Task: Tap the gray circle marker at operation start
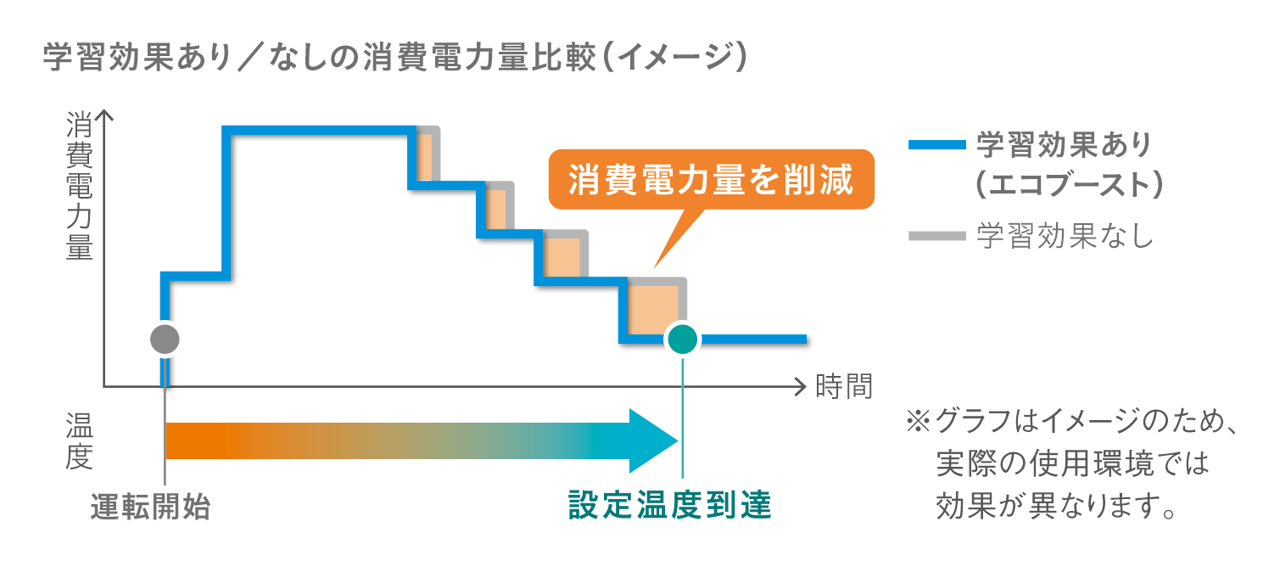pos(165,339)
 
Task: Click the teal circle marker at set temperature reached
pos(682,339)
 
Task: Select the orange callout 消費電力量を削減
pos(710,181)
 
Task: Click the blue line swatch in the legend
pos(936,145)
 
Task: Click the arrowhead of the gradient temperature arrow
pos(653,440)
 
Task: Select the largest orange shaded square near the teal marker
pos(654,311)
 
